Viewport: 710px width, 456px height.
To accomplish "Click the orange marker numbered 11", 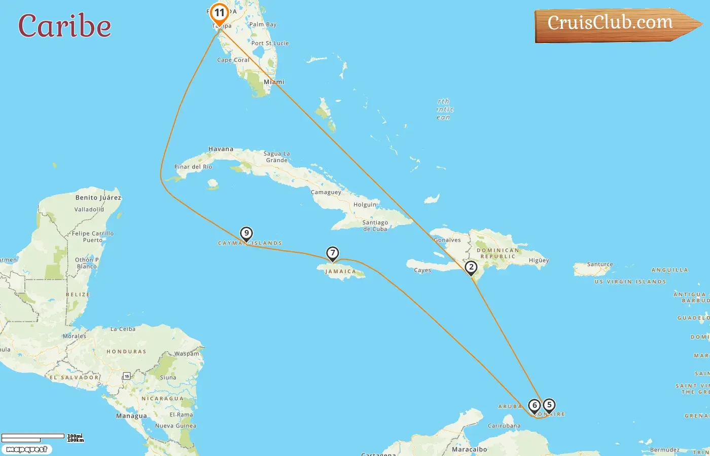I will (x=219, y=13).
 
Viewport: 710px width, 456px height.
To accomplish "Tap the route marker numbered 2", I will (x=471, y=268).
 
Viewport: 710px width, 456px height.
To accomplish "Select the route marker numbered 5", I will (x=549, y=405).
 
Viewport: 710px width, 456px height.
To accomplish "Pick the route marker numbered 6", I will (x=534, y=406).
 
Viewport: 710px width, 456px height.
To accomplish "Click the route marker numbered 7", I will (x=332, y=253).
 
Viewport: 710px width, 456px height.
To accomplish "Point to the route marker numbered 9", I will (x=246, y=234).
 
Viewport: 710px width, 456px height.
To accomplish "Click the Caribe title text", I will (x=65, y=26).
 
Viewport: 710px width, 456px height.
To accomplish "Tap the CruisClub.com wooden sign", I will (x=614, y=24).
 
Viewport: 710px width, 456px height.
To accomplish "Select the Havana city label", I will (x=221, y=149).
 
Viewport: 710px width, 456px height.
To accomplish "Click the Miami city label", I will (x=274, y=82).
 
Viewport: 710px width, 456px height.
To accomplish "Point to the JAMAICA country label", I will (x=340, y=272).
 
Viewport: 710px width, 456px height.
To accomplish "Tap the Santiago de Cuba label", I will (x=375, y=226).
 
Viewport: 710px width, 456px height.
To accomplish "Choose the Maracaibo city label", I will (x=469, y=449).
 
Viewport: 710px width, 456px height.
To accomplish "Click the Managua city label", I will (x=131, y=416).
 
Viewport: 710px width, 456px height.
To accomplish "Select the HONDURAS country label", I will (x=126, y=352).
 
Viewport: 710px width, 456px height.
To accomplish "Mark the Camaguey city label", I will (x=326, y=193).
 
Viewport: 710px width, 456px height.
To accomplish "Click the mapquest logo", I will (x=26, y=449).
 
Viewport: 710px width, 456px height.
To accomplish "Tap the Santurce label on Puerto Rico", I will (x=600, y=264).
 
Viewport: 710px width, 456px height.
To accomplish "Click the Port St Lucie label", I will (x=270, y=43).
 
